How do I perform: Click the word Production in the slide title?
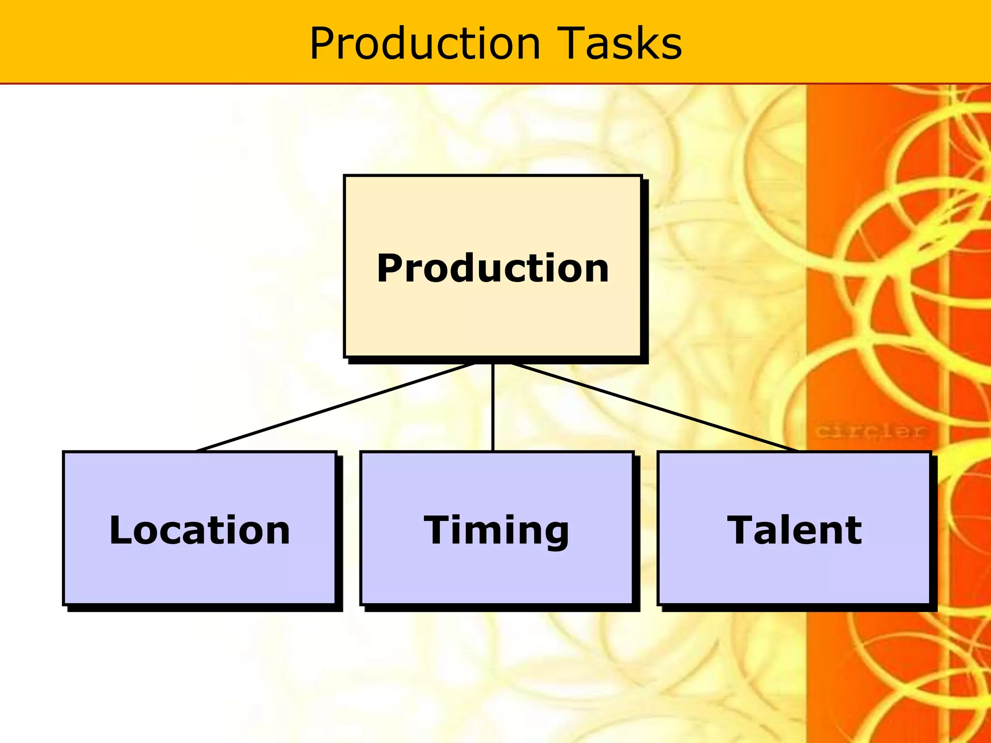pos(425,44)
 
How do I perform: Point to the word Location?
pos(199,530)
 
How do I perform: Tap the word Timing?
pos(496,531)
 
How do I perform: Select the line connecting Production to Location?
pos(334,407)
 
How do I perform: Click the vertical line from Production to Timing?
pos(493,407)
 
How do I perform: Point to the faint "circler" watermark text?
pos(870,431)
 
